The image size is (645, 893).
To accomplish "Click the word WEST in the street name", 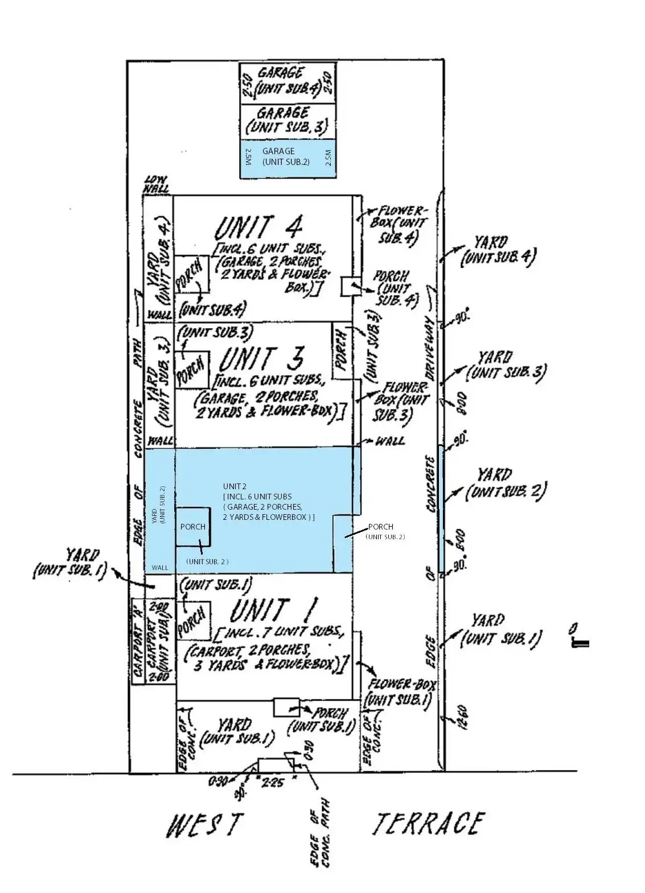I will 204,825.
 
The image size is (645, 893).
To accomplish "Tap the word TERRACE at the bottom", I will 428,823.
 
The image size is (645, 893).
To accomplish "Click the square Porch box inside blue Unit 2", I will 192,527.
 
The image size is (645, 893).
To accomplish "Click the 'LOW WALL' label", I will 155,184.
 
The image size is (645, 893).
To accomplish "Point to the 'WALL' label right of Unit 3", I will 390,441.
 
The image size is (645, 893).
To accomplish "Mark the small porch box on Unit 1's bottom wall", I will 286,707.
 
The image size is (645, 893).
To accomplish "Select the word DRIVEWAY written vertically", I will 430,348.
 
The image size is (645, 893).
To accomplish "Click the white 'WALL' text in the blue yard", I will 160,567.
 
